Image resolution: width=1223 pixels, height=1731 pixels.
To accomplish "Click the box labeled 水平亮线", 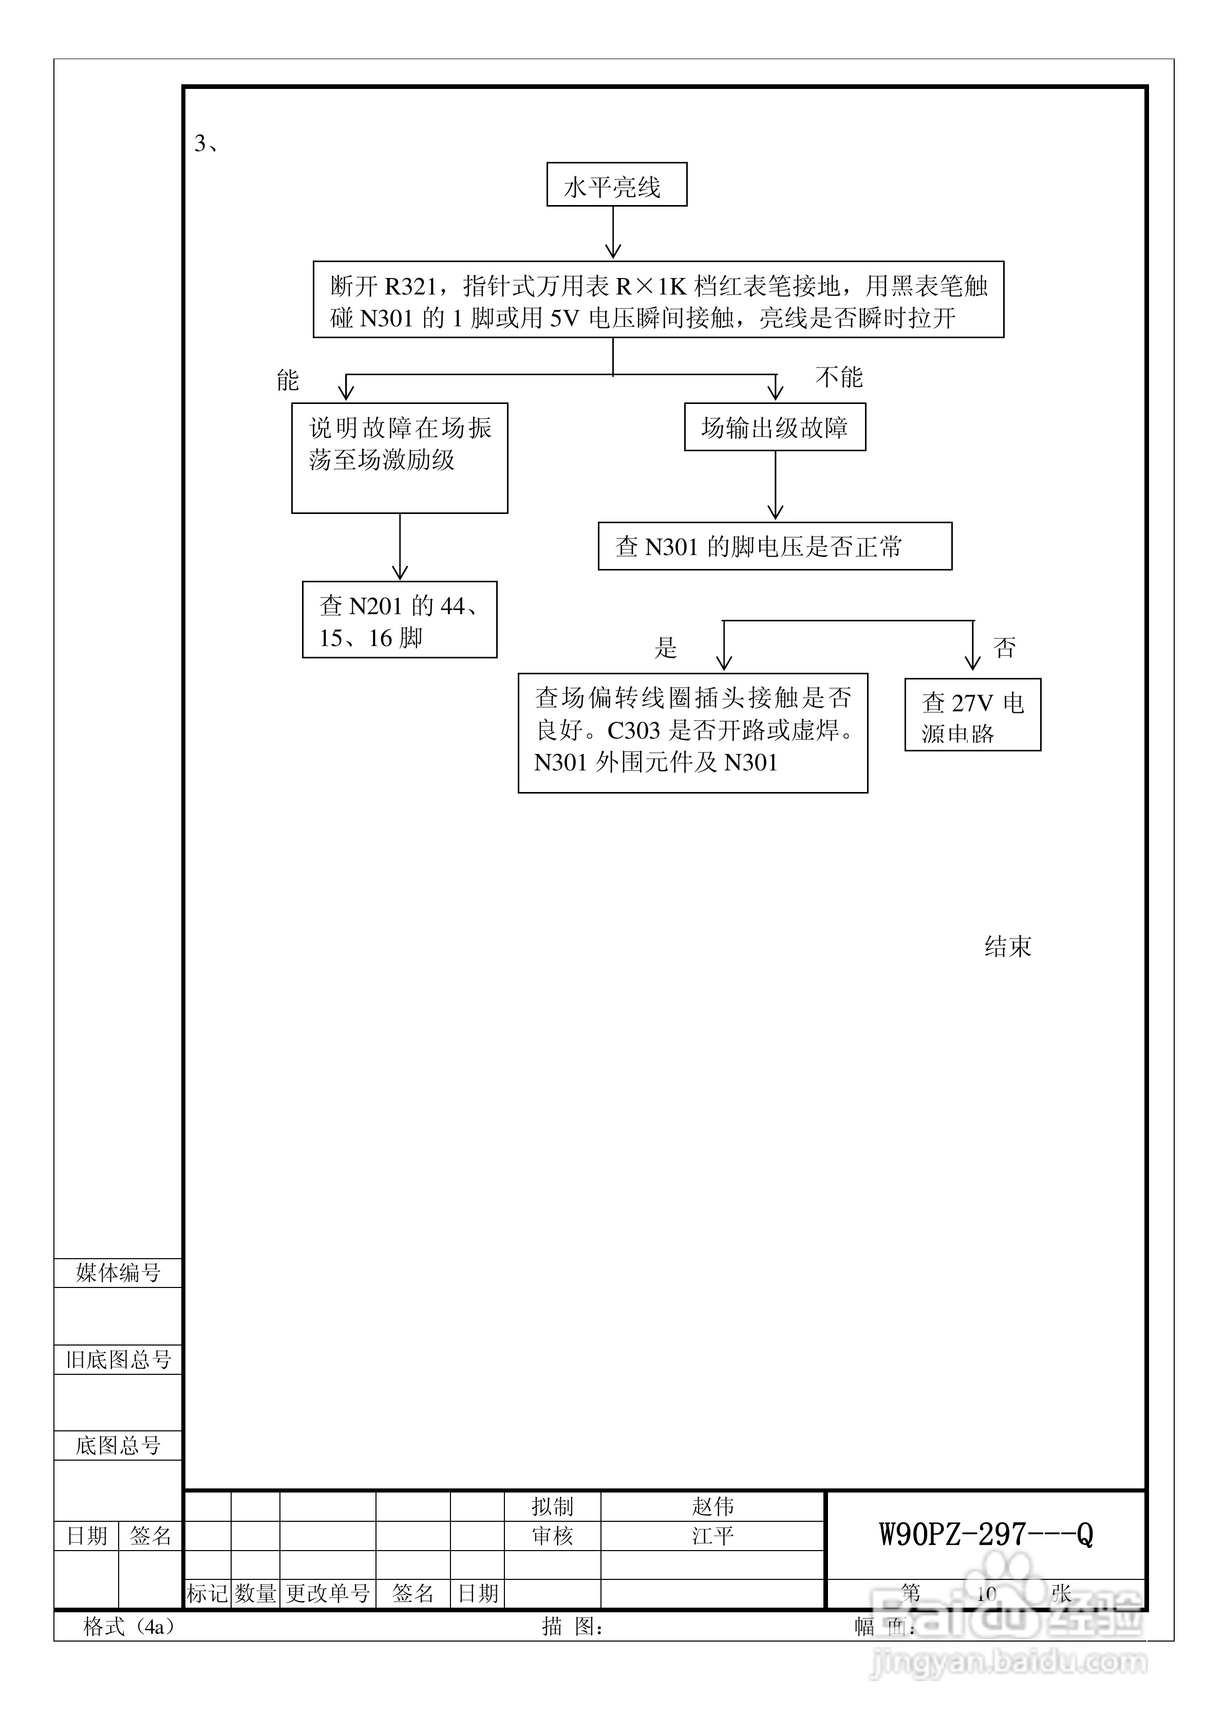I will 616,185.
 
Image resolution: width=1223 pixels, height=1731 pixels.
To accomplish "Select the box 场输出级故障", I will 774,428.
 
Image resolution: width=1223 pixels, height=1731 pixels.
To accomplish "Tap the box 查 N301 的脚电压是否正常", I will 774,546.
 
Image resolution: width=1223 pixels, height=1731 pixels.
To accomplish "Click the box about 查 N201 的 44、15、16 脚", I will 400,620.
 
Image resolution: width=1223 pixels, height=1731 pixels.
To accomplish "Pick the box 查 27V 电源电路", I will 972,715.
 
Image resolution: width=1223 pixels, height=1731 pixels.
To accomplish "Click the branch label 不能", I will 839,377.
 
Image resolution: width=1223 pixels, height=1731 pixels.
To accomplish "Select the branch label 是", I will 665,648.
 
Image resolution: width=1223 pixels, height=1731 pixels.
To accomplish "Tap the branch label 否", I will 1005,648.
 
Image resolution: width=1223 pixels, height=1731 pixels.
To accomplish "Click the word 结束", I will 1007,946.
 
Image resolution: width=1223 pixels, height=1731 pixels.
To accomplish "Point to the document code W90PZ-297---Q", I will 986,1534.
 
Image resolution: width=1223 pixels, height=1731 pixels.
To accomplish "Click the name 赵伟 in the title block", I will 712,1506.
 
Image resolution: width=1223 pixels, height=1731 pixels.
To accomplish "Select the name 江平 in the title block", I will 712,1536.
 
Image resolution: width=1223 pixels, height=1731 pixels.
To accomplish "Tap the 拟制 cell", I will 552,1506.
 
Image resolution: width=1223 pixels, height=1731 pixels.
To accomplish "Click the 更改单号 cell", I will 328,1593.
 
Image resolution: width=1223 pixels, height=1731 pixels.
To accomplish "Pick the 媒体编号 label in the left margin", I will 118,1274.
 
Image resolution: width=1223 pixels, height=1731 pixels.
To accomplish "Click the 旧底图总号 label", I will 118,1360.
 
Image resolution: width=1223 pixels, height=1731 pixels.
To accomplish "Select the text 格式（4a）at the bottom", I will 128,1627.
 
